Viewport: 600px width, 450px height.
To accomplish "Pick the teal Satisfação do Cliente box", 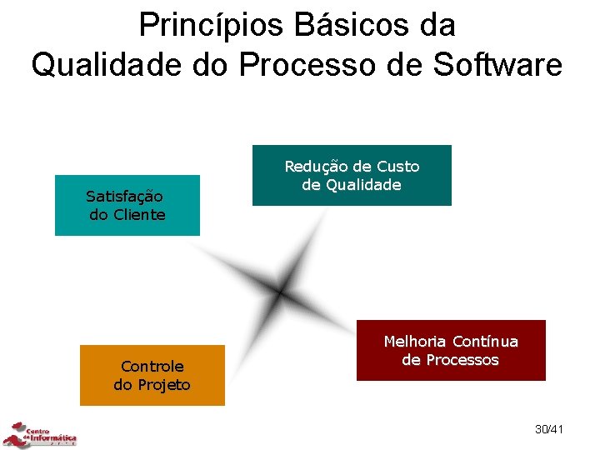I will (127, 206).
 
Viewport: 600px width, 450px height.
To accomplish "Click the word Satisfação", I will (124, 197).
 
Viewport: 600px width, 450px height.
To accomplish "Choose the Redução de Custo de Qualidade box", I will (352, 176).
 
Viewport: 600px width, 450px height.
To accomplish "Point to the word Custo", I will (398, 167).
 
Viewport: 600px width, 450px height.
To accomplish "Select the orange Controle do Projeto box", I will (152, 375).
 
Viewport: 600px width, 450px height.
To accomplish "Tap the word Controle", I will (152, 367).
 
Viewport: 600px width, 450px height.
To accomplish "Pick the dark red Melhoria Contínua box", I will (451, 351).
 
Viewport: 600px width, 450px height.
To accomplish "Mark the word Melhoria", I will (415, 342).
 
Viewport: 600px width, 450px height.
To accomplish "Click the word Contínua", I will (485, 342).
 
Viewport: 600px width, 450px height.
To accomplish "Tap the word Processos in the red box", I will (462, 360).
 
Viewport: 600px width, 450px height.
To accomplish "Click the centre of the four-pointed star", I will (281, 292).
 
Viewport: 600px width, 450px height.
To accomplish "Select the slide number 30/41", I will (549, 429).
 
